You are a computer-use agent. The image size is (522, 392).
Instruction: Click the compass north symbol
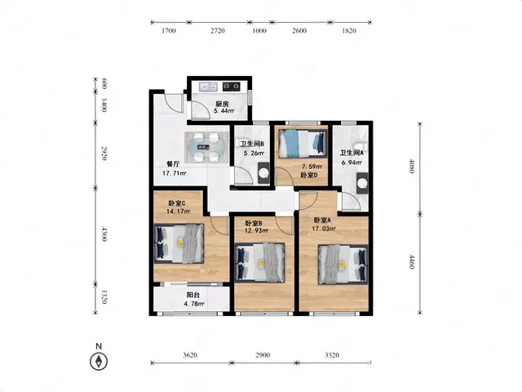point(99,361)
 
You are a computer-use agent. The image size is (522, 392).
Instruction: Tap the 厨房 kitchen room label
point(221,105)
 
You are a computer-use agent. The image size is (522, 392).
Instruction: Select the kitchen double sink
point(209,87)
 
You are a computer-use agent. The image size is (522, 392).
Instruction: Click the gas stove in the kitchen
point(232,87)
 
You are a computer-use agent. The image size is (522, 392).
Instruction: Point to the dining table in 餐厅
point(206,147)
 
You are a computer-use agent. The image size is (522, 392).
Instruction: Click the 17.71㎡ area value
point(174,173)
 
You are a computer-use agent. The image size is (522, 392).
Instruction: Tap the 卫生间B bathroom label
point(252,144)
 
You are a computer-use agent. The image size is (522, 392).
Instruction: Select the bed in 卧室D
point(302,144)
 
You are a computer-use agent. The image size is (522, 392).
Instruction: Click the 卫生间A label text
point(352,153)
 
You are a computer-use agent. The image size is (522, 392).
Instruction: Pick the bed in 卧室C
point(179,243)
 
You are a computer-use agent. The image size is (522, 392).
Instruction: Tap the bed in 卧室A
point(343,265)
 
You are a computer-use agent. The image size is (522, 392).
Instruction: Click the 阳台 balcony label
point(193,295)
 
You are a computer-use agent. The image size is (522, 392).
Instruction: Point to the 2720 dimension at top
point(218,31)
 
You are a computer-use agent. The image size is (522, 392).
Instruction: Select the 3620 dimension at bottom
point(190,355)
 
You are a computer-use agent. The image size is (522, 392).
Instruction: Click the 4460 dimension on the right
point(412,262)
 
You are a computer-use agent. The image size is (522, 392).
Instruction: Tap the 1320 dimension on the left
point(104,297)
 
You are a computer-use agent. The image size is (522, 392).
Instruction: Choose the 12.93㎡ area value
point(257,230)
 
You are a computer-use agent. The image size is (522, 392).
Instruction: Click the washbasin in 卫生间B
point(264,173)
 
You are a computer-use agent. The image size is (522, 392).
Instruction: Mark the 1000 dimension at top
point(259,31)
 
